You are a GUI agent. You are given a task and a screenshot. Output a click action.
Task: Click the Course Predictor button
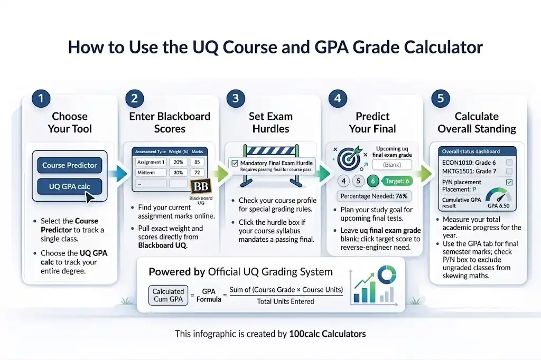point(70,165)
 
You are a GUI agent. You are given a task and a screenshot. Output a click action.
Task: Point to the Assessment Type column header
point(150,151)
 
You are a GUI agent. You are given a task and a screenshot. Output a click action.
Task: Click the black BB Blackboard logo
point(200,187)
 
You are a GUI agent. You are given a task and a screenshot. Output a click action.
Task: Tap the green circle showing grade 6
point(374,181)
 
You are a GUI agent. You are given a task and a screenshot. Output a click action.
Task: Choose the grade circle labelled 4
point(343,181)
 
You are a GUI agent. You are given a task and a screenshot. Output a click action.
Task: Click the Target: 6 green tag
point(397,181)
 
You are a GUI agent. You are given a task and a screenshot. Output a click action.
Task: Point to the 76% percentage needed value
point(402,196)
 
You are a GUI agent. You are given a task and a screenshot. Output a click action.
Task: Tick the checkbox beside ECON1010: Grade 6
point(509,163)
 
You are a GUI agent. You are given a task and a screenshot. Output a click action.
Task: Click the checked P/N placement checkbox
point(509,182)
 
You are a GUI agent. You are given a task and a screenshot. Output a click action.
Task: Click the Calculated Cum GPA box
point(168,295)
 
